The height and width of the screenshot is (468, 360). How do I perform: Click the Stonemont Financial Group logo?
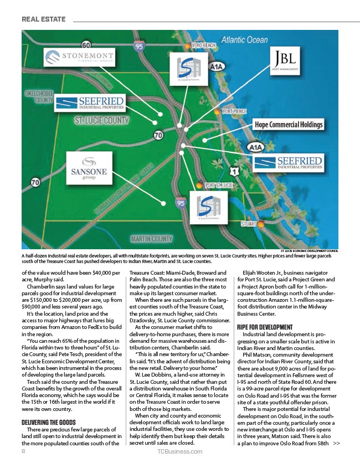(81, 58)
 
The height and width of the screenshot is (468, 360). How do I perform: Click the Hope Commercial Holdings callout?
(288, 125)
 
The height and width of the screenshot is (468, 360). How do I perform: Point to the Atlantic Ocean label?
(244, 40)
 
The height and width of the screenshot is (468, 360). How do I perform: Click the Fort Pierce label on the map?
(234, 111)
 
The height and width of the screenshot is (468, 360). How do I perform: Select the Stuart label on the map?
(248, 224)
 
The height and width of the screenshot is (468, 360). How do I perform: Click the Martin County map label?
(151, 239)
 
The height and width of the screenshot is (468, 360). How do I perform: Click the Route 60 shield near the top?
(86, 45)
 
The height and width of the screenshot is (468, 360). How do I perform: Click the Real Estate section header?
(44, 19)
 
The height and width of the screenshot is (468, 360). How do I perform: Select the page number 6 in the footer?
(24, 451)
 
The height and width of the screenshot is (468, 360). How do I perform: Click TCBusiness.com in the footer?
(180, 451)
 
